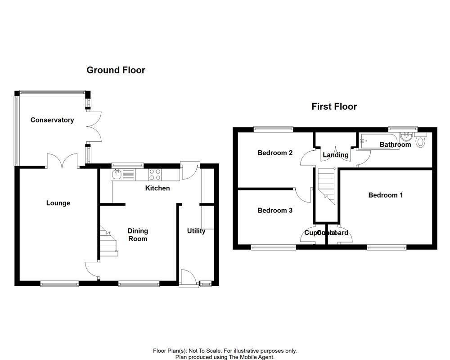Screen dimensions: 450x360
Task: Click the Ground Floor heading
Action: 116,70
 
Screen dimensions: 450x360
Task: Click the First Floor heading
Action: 334,107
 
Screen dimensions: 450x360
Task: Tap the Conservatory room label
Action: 52,120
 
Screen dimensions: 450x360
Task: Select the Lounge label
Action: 58,203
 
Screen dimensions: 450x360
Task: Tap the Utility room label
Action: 196,231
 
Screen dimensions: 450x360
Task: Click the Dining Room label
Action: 138,234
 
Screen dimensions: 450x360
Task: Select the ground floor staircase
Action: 108,243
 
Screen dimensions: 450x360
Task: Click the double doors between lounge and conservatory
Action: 63,161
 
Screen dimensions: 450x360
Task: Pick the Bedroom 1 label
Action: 385,195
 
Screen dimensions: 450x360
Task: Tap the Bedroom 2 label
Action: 275,153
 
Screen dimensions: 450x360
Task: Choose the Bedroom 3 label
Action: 275,210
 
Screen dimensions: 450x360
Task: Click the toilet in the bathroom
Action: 421,141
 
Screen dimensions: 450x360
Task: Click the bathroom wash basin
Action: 407,136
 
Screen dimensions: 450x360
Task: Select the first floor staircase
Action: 326,184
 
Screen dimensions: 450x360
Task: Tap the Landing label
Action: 336,155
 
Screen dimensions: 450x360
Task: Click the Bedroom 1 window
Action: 387,247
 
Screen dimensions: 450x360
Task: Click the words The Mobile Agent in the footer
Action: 255,357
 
